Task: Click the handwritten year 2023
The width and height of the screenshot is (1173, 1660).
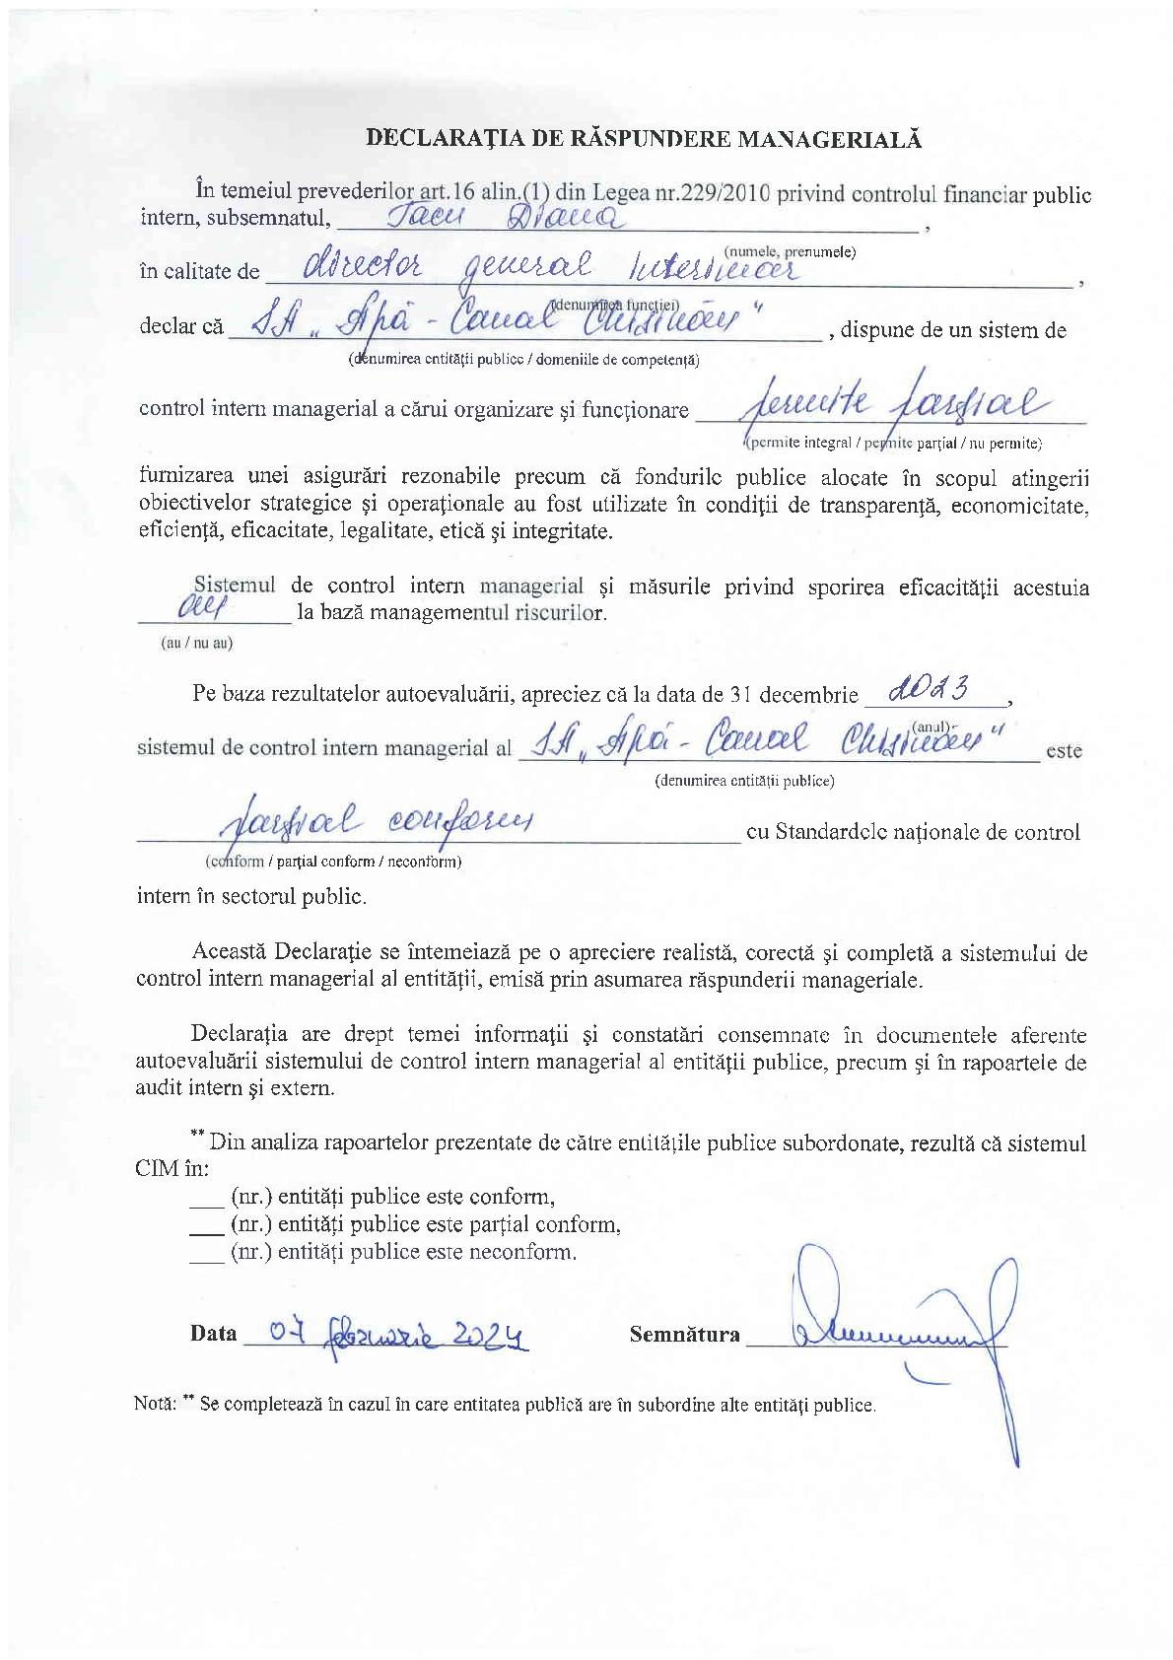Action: coord(931,690)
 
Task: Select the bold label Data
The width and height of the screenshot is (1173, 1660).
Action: coord(214,1334)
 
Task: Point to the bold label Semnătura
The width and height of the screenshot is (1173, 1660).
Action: coord(684,1335)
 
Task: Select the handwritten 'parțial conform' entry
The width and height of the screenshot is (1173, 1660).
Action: coord(375,820)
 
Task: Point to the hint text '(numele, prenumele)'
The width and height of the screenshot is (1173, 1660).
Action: coord(790,251)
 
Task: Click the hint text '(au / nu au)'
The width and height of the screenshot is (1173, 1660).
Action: coord(197,643)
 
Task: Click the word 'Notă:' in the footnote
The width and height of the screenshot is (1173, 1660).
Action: coord(155,1404)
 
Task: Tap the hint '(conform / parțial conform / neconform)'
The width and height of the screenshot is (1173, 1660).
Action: coord(332,862)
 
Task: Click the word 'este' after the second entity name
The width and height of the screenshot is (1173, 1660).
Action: coord(1064,750)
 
